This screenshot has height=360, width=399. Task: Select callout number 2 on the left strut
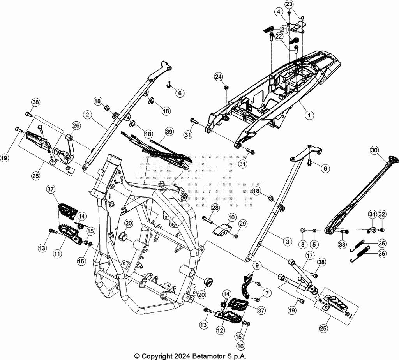[87, 114]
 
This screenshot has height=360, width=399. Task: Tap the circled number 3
[287, 242]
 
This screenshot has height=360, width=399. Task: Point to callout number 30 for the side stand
[374, 150]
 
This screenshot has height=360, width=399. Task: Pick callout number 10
[231, 217]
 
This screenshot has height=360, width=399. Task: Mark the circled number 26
[76, 125]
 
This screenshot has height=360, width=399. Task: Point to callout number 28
[215, 208]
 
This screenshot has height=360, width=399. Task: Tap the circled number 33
[342, 245]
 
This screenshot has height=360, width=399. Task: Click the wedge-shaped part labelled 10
[221, 229]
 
